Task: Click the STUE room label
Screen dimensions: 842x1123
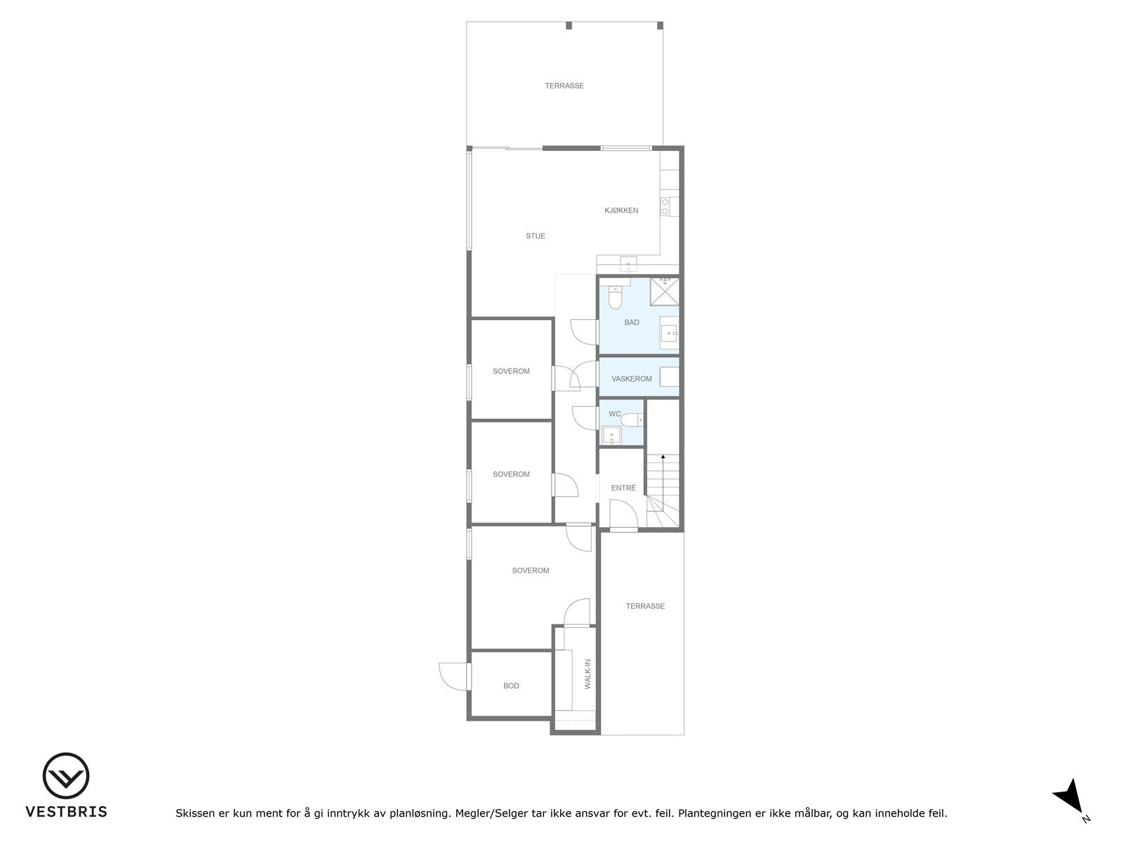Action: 536,236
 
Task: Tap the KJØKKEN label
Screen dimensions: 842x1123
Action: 621,210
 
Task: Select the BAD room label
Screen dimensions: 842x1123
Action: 632,323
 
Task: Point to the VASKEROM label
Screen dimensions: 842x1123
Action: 632,379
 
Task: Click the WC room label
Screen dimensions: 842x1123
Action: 615,414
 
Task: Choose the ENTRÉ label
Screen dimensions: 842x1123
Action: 623,488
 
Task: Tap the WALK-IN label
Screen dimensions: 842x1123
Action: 588,674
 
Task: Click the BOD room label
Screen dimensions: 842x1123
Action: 511,686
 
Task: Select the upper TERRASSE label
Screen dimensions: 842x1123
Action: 564,86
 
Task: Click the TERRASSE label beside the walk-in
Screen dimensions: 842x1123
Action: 645,606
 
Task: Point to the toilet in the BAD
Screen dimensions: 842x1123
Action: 616,298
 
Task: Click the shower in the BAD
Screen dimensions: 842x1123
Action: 665,291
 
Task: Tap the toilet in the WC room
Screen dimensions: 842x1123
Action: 631,420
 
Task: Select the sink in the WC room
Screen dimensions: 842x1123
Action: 612,436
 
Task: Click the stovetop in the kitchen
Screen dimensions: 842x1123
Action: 665,206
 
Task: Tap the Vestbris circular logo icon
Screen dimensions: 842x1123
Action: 66,776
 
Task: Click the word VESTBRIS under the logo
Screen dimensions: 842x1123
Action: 66,812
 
